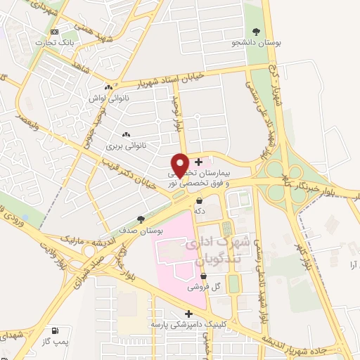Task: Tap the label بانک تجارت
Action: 76,43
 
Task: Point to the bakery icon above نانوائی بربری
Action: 127,135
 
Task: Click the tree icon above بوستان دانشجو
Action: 256,31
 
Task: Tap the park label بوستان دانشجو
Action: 257,43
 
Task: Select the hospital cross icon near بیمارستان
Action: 198,162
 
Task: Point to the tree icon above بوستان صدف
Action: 141,219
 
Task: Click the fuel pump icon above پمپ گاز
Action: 55,330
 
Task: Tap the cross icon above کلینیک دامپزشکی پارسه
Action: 188,314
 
